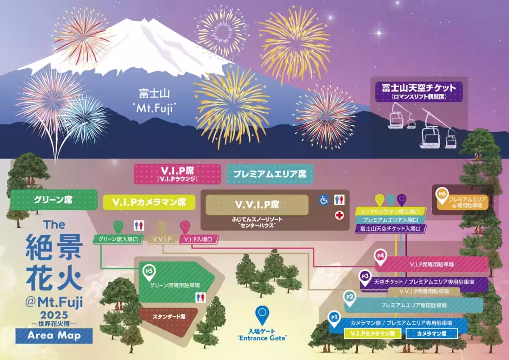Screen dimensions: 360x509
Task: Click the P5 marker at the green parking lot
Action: tap(149, 272)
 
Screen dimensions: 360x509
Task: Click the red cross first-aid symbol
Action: tap(339, 215)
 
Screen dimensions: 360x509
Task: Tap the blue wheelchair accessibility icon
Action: tap(324, 200)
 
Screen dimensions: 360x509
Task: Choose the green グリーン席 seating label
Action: tap(53, 199)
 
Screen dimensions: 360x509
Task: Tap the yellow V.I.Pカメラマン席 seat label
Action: tap(149, 202)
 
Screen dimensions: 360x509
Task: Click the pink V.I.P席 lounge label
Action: tap(177, 174)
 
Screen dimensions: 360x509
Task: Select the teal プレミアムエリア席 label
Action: tap(270, 174)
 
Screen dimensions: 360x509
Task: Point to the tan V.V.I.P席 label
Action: tap(257, 205)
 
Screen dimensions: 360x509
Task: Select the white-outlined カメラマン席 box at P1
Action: tap(432, 334)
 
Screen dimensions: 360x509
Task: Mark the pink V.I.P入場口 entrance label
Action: tap(199, 240)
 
